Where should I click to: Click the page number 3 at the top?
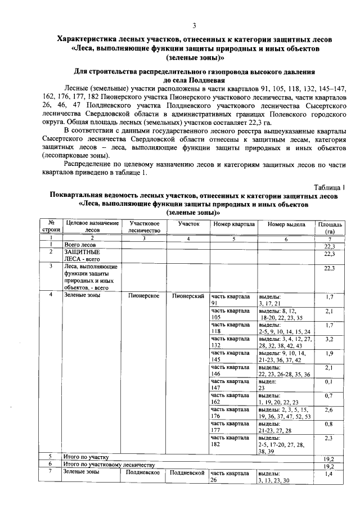194,25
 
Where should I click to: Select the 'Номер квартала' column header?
233,224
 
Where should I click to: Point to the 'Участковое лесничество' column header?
144,227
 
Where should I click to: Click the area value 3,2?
330,340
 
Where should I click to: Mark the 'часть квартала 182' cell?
231,440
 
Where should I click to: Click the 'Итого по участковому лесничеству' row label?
109,465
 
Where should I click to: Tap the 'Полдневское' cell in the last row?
144,473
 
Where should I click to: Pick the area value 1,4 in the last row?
330,475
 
